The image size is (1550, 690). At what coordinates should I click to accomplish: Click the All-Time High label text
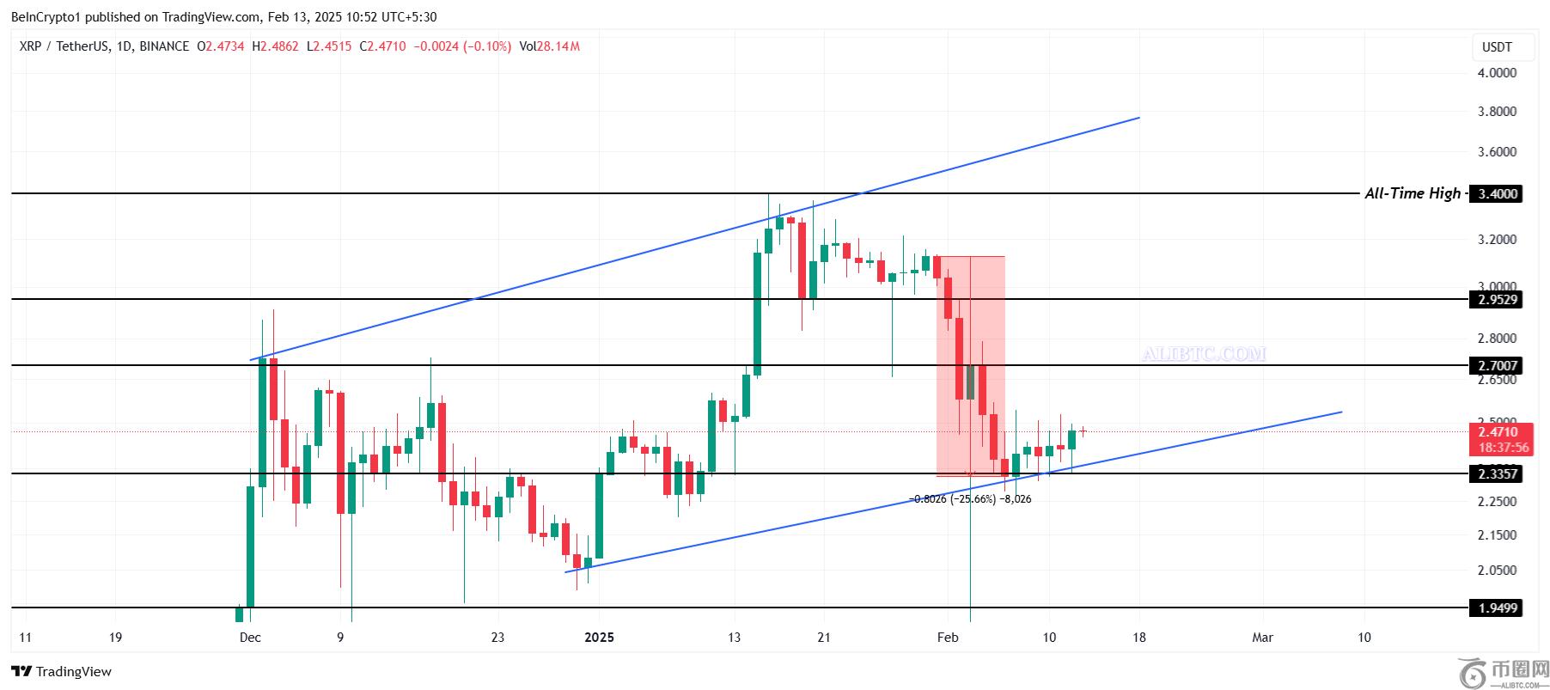[1412, 193]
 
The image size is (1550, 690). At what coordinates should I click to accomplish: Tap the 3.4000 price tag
[1498, 194]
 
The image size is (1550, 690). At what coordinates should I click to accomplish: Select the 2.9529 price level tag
[1498, 300]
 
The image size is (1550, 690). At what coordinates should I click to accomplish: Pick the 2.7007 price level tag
[1498, 366]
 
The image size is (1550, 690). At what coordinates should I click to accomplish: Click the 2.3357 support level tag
[1498, 474]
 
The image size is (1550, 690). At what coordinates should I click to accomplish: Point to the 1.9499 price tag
[1498, 608]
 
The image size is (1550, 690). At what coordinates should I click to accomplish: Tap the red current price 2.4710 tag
[1498, 432]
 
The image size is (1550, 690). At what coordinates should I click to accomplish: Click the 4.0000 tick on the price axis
[1497, 73]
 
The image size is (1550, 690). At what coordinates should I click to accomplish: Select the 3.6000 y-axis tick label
[1497, 152]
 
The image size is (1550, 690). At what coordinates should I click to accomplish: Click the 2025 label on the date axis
[599, 638]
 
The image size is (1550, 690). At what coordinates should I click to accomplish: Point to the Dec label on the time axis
[250, 638]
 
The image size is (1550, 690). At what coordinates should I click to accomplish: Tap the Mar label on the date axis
[1262, 638]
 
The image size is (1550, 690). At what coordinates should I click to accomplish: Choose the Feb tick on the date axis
[948, 638]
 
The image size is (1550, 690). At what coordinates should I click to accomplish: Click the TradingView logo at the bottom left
[62, 671]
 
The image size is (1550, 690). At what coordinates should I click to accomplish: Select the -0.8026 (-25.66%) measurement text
[952, 499]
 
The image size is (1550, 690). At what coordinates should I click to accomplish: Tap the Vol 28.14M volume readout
[549, 46]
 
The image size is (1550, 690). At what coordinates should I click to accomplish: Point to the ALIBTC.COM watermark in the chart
[1204, 354]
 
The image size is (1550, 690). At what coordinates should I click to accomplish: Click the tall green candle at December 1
[262, 422]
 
